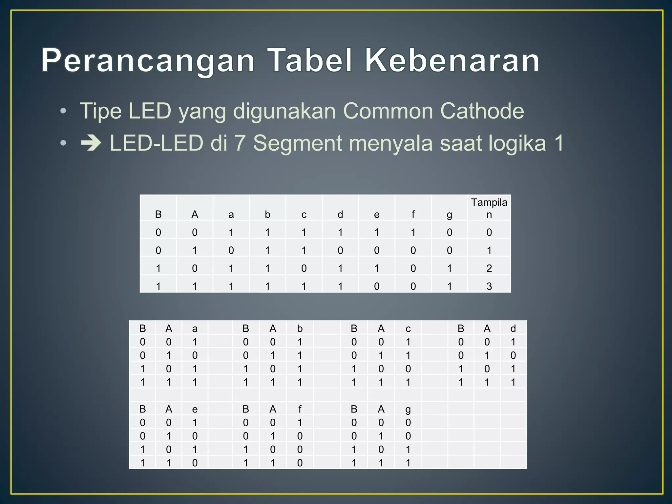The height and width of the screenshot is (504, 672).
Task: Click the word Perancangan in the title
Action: [x=148, y=61]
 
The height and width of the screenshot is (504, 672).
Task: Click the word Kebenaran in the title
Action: [x=452, y=60]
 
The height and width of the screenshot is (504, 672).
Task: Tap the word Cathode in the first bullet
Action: [x=482, y=111]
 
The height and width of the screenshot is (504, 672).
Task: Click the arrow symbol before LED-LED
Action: [x=91, y=143]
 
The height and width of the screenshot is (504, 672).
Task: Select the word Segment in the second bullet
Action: [x=297, y=143]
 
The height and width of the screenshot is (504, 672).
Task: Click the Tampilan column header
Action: [x=489, y=208]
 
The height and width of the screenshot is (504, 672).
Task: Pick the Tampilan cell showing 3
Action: [x=489, y=286]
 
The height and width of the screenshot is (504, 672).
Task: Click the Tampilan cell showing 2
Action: [x=489, y=268]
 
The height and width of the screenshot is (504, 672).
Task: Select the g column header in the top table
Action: [x=449, y=215]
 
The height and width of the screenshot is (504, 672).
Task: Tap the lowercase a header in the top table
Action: [x=231, y=215]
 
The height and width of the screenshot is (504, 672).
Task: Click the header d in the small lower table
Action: [x=513, y=328]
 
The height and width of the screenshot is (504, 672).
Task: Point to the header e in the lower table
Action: [x=195, y=409]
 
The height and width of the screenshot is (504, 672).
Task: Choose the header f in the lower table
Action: [x=300, y=409]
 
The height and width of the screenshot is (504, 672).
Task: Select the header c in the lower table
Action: [x=408, y=328]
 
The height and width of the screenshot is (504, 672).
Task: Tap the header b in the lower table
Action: [x=300, y=328]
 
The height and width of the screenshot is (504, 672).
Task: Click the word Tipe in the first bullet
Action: [x=101, y=111]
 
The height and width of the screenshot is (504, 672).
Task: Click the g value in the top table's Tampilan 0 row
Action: [x=449, y=232]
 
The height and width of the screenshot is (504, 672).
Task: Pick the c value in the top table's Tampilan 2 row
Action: [x=304, y=268]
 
